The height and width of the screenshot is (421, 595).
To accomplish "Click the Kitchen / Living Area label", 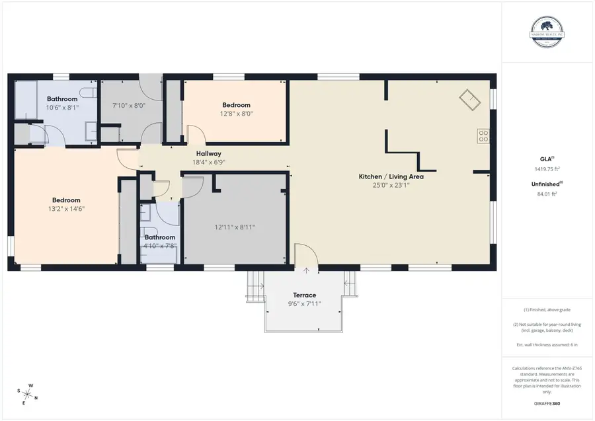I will coord(391,176).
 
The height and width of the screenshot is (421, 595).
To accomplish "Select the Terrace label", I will coord(305,295).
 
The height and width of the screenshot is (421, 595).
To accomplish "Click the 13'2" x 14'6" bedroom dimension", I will coord(66,209).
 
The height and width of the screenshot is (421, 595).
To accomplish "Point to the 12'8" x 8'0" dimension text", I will coord(236,114).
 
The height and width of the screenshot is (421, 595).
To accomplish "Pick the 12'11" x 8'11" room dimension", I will coord(234,227).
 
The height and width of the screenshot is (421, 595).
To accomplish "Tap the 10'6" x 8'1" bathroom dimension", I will coord(61,108).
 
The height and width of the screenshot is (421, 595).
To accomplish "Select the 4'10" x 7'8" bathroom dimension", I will coord(160,247).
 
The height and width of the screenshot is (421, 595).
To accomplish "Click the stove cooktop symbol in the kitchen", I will coord(483,137).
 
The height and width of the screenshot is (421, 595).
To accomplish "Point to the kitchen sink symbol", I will coord(471,100).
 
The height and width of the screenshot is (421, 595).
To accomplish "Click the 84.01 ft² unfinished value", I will coord(547,194).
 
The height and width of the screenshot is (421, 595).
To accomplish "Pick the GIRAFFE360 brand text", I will coord(547,402).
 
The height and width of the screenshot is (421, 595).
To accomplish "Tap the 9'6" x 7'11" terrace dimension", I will coord(305,304).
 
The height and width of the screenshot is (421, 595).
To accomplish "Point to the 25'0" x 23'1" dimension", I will coord(391,186).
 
